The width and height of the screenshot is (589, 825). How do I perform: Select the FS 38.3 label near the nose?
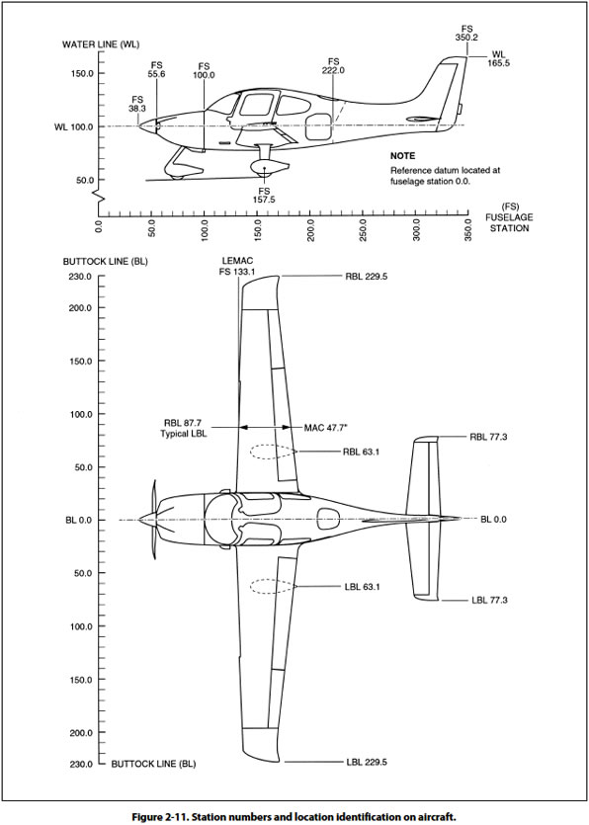(x=137, y=104)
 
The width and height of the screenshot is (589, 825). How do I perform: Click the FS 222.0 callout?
(x=333, y=66)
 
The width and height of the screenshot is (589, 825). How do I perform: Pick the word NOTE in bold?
(x=403, y=156)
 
